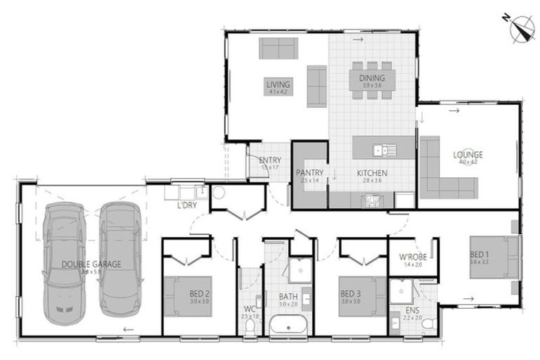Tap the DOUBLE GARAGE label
tap(91, 264)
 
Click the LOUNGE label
tap(468, 155)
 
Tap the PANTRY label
tap(309, 172)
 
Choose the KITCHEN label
tap(371, 173)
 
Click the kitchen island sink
tap(384, 149)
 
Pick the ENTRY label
tap(270, 161)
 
